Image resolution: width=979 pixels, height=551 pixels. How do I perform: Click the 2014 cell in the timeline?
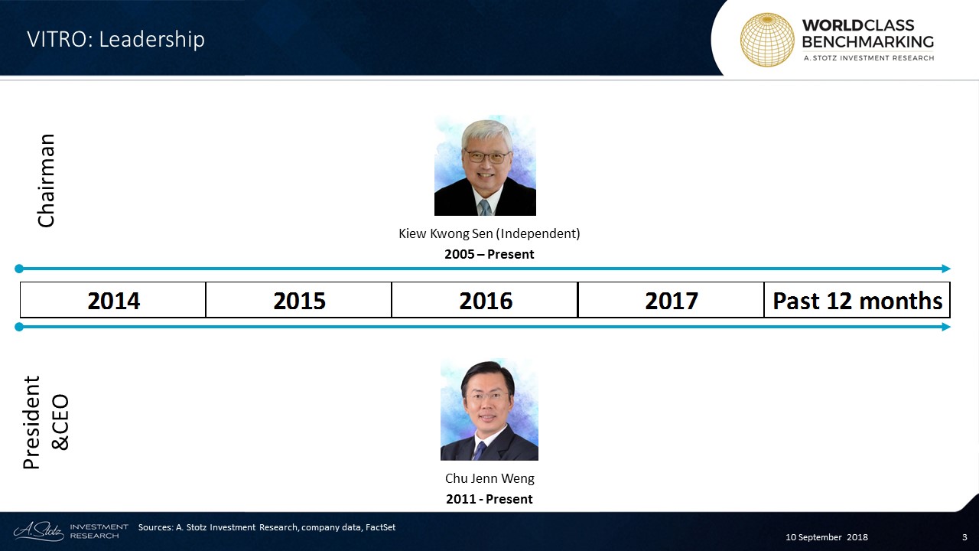(x=112, y=300)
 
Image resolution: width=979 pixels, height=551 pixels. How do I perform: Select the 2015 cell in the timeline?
(x=299, y=300)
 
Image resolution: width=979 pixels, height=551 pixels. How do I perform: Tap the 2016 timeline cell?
(x=485, y=300)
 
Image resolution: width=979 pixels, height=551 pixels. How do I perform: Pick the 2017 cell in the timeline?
(x=671, y=300)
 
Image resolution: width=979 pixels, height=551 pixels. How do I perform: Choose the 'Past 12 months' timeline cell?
(x=857, y=300)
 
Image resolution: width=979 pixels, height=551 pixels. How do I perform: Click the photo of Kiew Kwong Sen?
(x=485, y=165)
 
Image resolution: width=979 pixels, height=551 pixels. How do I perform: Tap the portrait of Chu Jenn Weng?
(x=489, y=409)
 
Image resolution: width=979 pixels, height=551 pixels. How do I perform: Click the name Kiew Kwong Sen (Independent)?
(x=489, y=233)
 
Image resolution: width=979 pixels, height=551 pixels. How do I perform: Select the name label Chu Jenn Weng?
(x=489, y=478)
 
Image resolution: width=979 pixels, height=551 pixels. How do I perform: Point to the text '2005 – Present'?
(x=489, y=254)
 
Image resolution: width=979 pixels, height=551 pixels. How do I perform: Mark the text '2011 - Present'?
(x=489, y=499)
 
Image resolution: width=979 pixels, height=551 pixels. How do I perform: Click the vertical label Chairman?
(x=46, y=181)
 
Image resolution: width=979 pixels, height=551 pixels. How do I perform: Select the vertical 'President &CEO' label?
(x=46, y=422)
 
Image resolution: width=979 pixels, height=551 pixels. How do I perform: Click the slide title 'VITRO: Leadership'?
(x=115, y=39)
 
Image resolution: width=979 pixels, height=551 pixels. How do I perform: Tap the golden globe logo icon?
(x=767, y=40)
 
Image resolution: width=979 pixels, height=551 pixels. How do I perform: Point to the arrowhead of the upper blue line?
(x=946, y=269)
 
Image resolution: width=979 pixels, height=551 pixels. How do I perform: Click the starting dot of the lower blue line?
(x=19, y=327)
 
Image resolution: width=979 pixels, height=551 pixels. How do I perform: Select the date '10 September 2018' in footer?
(x=827, y=537)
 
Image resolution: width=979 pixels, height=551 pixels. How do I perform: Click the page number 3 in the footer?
(x=964, y=537)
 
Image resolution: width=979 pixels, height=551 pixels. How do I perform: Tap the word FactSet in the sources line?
(x=380, y=527)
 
